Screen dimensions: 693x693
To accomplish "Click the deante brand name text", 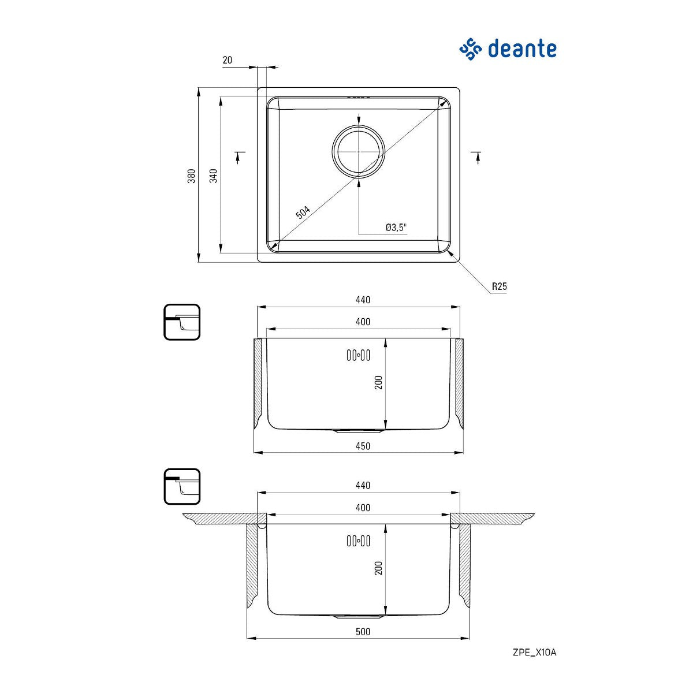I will (x=522, y=49).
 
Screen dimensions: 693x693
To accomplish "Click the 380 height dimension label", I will (x=192, y=176).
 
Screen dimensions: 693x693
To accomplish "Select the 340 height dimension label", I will (x=213, y=176).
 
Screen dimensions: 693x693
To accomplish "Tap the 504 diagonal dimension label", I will (x=303, y=213).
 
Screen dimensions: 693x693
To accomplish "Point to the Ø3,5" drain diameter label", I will (x=396, y=228).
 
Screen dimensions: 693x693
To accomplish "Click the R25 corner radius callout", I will (x=499, y=286).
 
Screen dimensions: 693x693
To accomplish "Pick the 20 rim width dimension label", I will (x=227, y=60).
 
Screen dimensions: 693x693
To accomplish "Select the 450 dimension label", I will (x=363, y=446).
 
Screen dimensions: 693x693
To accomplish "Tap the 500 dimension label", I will (x=363, y=631).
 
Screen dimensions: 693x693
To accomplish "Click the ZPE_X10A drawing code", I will (x=534, y=653).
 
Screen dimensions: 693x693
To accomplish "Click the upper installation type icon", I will (x=182, y=322).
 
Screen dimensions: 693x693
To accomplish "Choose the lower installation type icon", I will (x=182, y=486).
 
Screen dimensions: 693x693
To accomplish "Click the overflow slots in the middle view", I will (x=358, y=355).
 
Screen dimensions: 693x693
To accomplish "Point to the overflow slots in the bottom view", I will (x=358, y=541).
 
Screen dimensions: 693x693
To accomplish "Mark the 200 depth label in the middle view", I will (x=379, y=382).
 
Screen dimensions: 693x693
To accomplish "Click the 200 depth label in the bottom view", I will (x=379, y=568).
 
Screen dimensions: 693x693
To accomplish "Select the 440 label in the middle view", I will (x=363, y=300).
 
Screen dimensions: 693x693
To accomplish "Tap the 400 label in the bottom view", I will (x=363, y=508).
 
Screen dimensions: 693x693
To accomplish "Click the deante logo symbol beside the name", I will (x=471, y=49).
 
